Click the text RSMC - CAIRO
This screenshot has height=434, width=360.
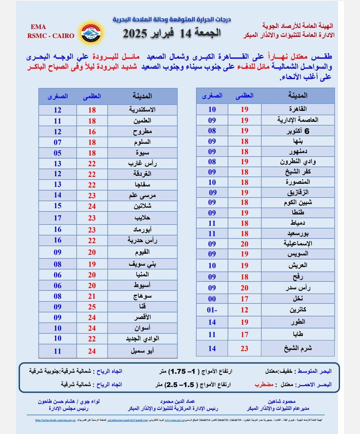coord(51,36)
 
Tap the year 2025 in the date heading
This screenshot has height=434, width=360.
coord(135,34)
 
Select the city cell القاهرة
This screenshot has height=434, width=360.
coord(298,109)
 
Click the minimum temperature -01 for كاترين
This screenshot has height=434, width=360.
coord(212,310)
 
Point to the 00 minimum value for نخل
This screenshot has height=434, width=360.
coord(212,299)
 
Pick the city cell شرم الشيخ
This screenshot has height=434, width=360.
coord(298,348)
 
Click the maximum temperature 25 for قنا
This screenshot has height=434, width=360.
coord(92,307)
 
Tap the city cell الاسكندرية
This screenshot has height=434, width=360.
coord(142,110)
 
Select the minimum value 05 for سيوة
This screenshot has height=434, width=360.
coord(58,153)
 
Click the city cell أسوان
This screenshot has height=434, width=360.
coord(142,328)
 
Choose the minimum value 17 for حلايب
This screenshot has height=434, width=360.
coord(58,218)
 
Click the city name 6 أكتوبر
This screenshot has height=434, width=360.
coord(298,131)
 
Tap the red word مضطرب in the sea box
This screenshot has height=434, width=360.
coord(264,384)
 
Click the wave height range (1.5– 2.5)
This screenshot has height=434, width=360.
coord(180,384)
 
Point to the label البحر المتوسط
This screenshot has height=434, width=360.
coord(314,371)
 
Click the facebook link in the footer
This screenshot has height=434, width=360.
coord(55,420)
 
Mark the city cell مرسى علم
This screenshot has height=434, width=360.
coord(142,196)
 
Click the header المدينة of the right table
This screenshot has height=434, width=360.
coord(298,96)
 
